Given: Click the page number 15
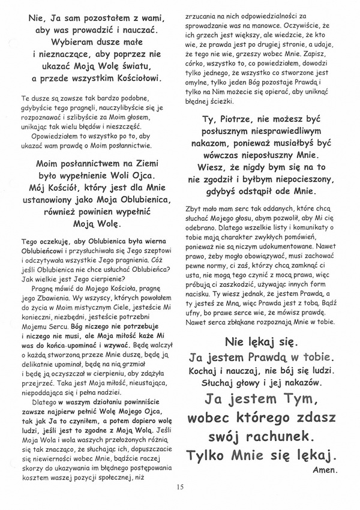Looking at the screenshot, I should point(180,486).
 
